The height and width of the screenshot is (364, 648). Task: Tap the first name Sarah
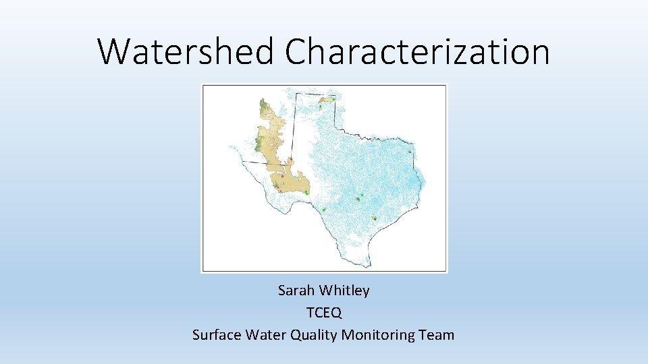click(296, 291)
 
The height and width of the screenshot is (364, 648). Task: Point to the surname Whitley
click(344, 291)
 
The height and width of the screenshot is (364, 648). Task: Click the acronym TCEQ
click(324, 313)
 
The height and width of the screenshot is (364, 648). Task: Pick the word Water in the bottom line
click(267, 334)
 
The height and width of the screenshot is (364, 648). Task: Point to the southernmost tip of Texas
click(369, 264)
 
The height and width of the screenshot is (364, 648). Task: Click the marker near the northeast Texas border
click(410, 152)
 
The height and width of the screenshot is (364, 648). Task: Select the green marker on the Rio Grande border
click(324, 210)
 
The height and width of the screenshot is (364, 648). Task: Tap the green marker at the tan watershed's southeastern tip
click(306, 193)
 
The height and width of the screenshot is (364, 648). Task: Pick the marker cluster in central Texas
click(358, 198)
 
